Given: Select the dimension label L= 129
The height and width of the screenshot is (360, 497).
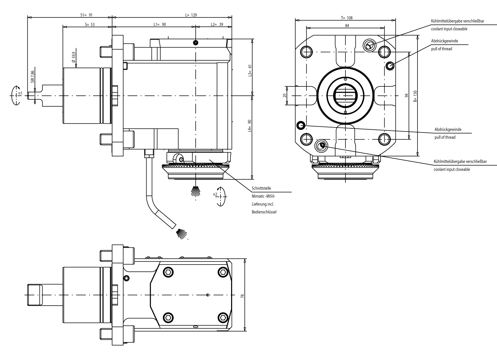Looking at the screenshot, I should point(191,15).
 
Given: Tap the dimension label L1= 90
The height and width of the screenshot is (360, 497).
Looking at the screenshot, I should point(160,24).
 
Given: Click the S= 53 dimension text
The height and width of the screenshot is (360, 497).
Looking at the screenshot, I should point(90,24).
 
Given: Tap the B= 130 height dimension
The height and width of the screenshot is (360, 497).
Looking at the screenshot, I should point(415,96).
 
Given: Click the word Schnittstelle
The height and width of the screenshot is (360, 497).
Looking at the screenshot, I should point(261,188).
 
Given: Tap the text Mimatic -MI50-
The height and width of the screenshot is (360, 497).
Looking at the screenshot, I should point(263,196).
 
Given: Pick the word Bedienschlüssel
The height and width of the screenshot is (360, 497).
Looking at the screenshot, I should point(264,212).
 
